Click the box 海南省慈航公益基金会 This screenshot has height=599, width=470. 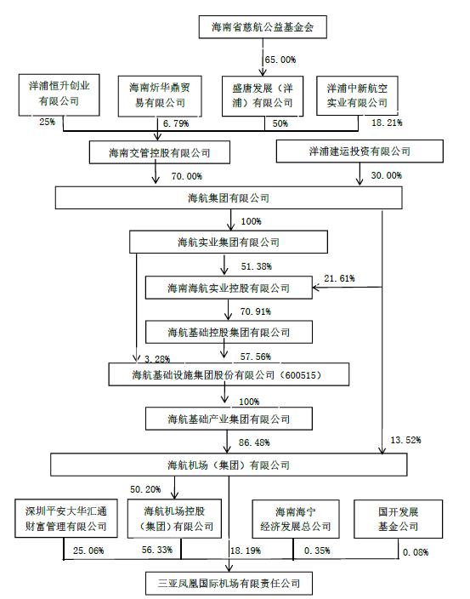[x=263, y=27]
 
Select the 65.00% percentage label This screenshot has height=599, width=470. [x=280, y=60]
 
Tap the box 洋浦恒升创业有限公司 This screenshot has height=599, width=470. [x=59, y=95]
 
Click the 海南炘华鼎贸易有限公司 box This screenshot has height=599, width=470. [x=160, y=96]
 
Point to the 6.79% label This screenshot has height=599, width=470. [x=176, y=123]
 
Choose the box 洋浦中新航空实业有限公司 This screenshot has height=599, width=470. [x=357, y=95]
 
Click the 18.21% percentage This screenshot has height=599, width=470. [x=387, y=123]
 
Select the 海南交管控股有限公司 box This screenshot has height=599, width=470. [x=160, y=152]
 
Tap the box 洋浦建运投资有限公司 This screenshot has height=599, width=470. [x=360, y=151]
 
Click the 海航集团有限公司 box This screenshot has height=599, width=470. [x=229, y=198]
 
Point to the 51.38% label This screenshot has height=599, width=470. [x=257, y=266]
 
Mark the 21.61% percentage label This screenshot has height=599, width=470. [x=339, y=278]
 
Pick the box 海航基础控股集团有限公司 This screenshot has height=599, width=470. [x=229, y=332]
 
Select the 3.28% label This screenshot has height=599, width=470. [x=157, y=359]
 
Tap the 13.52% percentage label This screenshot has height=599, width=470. [x=405, y=440]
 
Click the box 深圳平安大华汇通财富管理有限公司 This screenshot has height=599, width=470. [x=66, y=519]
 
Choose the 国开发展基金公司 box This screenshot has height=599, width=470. [x=399, y=519]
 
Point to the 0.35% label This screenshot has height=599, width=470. [x=317, y=551]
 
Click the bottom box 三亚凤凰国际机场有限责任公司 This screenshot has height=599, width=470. [x=229, y=584]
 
